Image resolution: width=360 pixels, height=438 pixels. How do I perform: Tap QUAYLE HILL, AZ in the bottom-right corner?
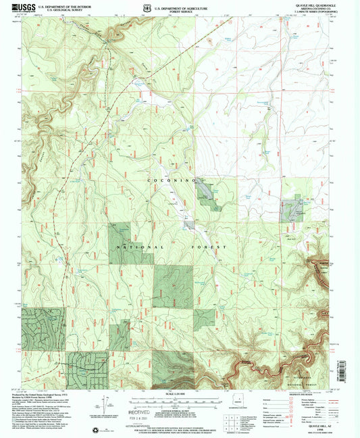pyautogui.click(x=317, y=426)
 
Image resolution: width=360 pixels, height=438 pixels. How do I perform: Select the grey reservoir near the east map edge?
pyautogui.click(x=292, y=212)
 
